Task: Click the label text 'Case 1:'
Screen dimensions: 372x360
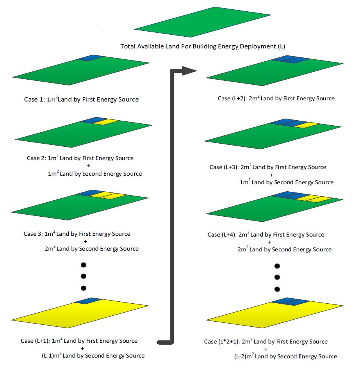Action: pyautogui.click(x=35, y=100)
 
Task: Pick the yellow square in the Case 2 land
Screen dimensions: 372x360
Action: pyautogui.click(x=106, y=122)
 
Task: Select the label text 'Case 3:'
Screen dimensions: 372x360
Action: pyautogui.click(x=33, y=234)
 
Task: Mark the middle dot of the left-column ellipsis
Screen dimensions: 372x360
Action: pyautogui.click(x=83, y=276)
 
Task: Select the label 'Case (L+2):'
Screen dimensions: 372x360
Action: pyautogui.click(x=233, y=98)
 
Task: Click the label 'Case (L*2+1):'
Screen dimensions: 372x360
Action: pyautogui.click(x=221, y=342)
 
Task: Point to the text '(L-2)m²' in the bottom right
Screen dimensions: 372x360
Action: pyautogui.click(x=244, y=356)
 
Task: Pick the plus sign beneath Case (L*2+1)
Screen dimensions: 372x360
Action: pyautogui.click(x=266, y=349)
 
